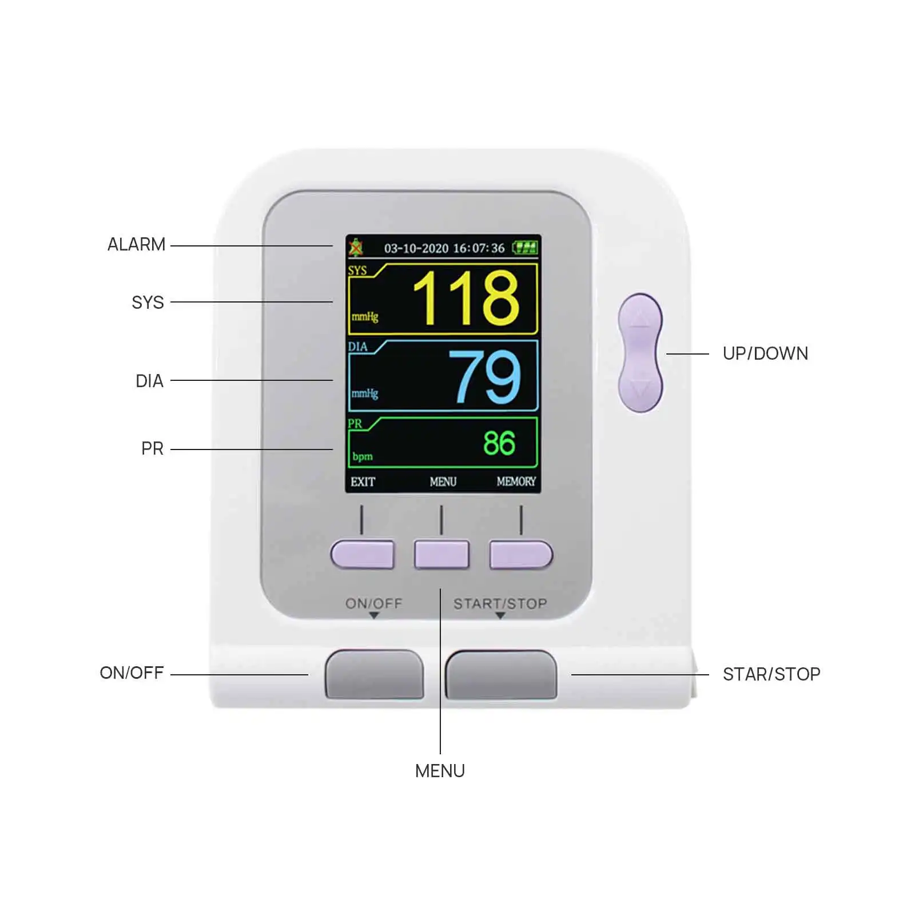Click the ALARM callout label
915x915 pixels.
pos(136,245)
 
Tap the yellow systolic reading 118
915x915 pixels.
pos(466,298)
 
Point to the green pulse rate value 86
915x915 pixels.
pos(499,443)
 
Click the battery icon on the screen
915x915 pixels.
pos(525,248)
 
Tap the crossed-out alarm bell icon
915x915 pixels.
pos(356,248)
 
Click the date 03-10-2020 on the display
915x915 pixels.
pos(416,248)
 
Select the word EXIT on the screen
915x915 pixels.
pos(363,482)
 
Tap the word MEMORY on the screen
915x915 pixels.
pos(516,482)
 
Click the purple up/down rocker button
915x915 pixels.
pos(640,353)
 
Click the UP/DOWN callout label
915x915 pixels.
pos(765,353)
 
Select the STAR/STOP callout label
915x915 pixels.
pos(771,674)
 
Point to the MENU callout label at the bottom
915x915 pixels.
pos(440,771)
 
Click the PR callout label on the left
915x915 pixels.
pos(152,449)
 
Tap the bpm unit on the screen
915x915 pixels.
pos(363,456)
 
